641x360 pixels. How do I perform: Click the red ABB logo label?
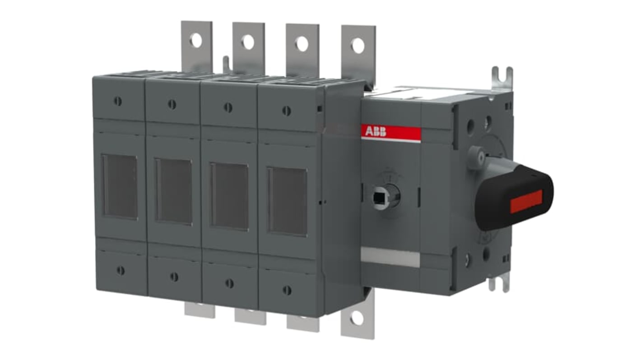tap(391, 133)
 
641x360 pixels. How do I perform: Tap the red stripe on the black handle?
tap(526, 201)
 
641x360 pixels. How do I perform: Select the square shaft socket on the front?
tap(379, 196)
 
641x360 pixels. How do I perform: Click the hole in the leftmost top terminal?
tap(196, 41)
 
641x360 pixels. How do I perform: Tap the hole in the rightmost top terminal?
tap(358, 46)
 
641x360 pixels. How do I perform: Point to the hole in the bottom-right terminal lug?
tap(357, 318)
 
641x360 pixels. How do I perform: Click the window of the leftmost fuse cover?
tap(119, 186)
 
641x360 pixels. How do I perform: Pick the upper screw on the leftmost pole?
tap(118, 101)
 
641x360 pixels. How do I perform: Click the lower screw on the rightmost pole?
tap(287, 290)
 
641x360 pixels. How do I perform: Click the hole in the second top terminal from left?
tap(248, 42)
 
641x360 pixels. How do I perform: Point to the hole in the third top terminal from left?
tap(302, 44)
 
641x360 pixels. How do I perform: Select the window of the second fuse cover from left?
tap(173, 191)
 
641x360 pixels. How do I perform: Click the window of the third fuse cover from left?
tap(229, 196)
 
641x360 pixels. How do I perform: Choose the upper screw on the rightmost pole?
tap(286, 111)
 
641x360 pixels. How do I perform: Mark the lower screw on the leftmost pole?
tap(120, 270)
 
